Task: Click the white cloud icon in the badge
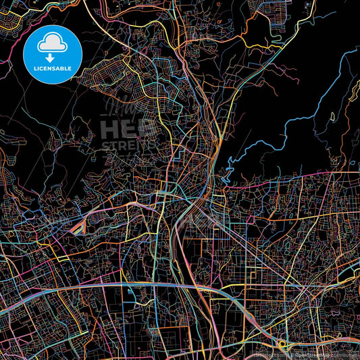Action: (52, 43)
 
